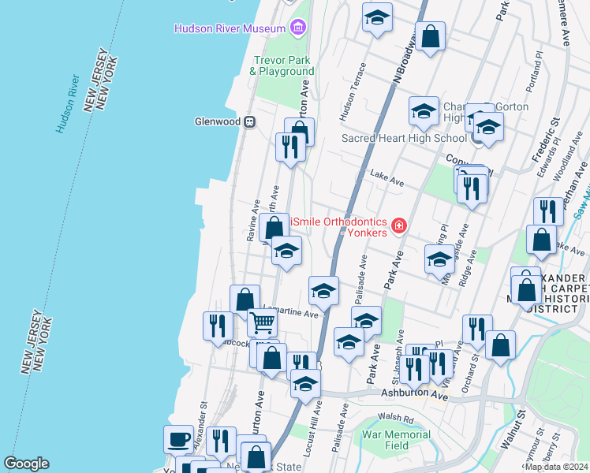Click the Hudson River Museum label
pos(229,29)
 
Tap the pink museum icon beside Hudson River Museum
pos(297,29)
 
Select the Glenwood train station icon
pos(248,121)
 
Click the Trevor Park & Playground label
pos(282,65)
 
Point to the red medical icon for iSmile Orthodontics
pos(399,227)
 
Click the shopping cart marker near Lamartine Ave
pos(262,322)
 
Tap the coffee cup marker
pos(178,438)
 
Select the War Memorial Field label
pos(396,439)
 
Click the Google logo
pos(26,464)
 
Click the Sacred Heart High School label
pos(404,138)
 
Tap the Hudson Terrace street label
pos(352,102)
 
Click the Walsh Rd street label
pos(396,419)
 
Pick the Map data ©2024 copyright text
pos(556,467)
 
